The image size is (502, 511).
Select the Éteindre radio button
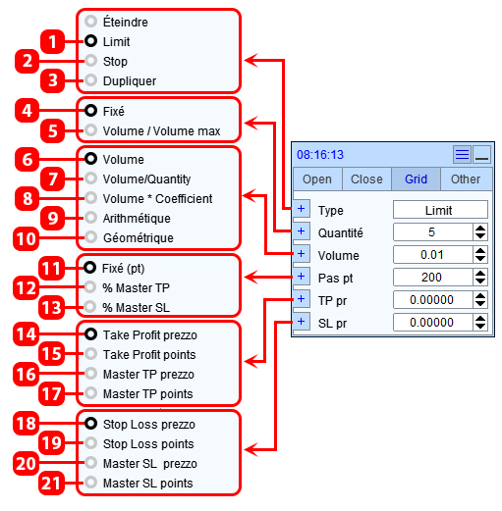click(x=90, y=22)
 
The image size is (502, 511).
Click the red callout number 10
click(x=27, y=238)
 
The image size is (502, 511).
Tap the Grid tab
click(x=416, y=179)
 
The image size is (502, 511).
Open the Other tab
click(x=466, y=179)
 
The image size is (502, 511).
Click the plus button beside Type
click(x=302, y=209)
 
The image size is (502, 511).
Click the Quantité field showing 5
click(x=432, y=232)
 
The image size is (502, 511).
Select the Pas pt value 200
click(x=432, y=278)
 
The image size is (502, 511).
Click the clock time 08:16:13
click(x=320, y=155)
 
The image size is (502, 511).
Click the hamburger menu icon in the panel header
click(x=462, y=154)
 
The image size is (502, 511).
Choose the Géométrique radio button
click(x=90, y=237)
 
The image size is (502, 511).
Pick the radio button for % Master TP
click(x=90, y=287)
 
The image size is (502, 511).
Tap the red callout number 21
click(x=51, y=483)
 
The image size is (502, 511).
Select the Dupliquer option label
click(x=130, y=81)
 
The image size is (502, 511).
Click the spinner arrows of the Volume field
click(x=480, y=255)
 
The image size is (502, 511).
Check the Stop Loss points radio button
click(x=90, y=443)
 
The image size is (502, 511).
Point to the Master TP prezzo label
click(x=148, y=375)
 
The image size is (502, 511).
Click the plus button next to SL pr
click(x=302, y=322)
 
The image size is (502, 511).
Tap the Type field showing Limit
click(x=440, y=210)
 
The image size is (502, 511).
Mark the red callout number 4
click(x=28, y=111)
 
